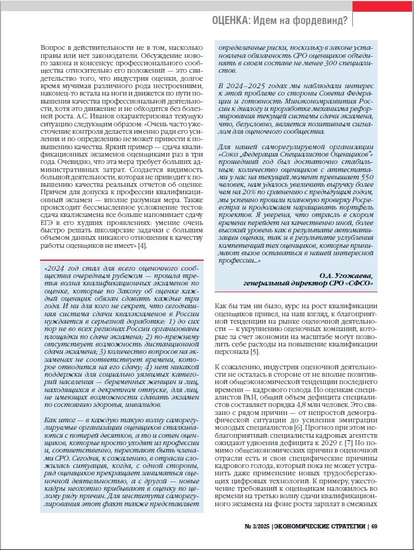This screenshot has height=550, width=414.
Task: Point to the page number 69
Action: [x=375, y=526]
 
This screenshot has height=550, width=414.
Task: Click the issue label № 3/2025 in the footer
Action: [x=256, y=526]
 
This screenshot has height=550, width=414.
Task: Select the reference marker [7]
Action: [x=349, y=443]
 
